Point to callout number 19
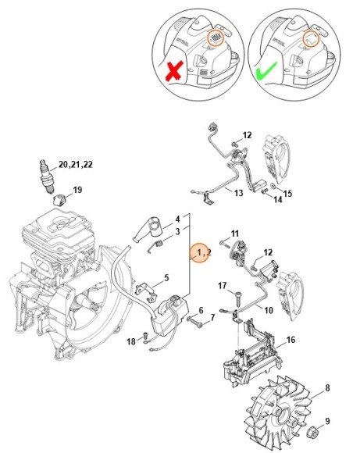(x=77, y=190)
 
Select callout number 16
(x=290, y=340)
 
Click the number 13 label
(x=239, y=193)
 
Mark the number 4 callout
(x=177, y=219)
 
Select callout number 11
(x=235, y=233)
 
